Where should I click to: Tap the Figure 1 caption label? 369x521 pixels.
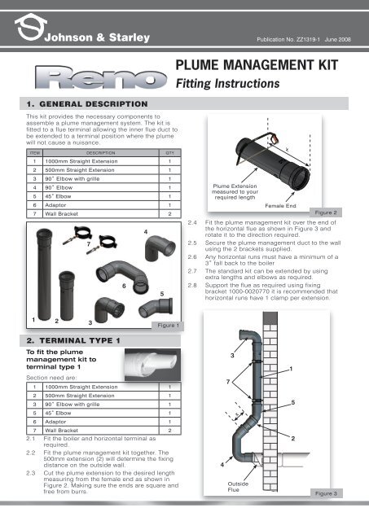coord(170,325)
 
